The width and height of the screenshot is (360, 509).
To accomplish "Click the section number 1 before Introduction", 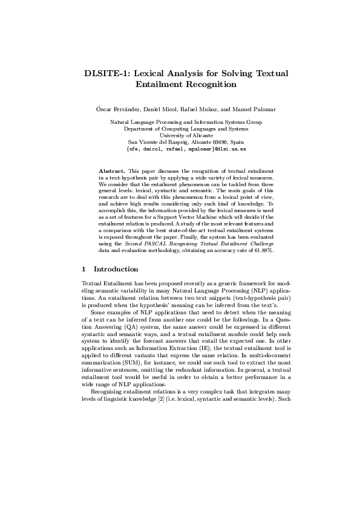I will tap(83, 269).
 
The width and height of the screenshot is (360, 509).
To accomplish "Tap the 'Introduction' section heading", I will tap(116, 269).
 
